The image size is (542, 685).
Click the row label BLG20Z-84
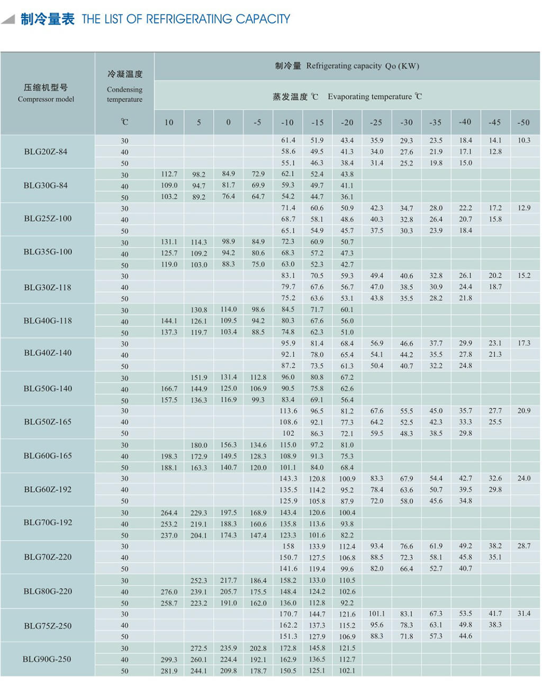46,152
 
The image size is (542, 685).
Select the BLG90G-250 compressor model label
47,660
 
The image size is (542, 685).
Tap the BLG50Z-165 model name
48,422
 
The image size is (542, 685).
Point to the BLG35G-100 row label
48,252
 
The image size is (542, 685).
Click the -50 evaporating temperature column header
523,122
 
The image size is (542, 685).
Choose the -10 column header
287,122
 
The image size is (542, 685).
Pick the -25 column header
376,122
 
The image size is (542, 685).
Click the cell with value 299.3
169,660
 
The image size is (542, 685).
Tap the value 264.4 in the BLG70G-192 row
169,513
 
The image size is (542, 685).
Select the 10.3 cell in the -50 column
523,140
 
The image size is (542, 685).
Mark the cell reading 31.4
523,614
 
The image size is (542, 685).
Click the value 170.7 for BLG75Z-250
288,614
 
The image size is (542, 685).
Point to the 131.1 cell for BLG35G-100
169,242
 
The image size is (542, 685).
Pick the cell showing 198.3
169,456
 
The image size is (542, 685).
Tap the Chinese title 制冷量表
48,19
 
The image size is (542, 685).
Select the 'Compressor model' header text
46,99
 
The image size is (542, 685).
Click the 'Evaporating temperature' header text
369,97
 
